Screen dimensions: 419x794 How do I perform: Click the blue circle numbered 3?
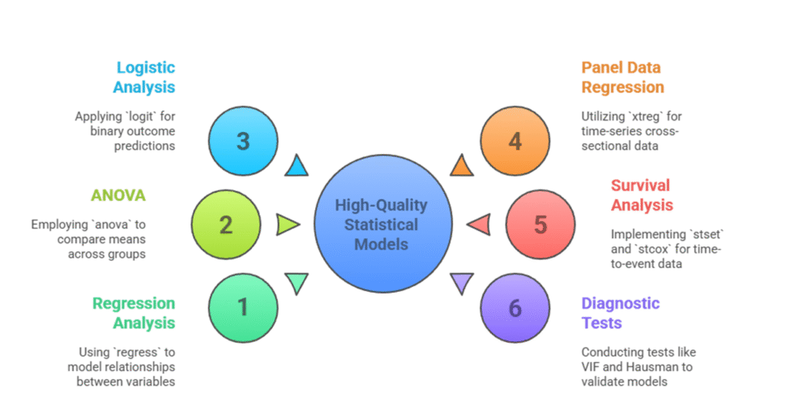coord(243,142)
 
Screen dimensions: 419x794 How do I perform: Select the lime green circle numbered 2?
coord(226,224)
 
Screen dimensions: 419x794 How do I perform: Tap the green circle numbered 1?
coord(243,307)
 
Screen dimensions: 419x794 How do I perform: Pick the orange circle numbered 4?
coord(514,142)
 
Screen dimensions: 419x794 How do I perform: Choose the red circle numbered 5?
coord(540,224)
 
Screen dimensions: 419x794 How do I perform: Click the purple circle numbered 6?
coord(514,307)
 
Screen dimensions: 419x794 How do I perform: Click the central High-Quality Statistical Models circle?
coord(381,224)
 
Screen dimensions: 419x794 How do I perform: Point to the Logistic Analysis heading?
coord(145,77)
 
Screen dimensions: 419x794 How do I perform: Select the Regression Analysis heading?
coord(134,313)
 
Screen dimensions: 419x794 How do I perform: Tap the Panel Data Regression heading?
coord(622,77)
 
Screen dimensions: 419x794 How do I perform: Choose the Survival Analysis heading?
coord(641,195)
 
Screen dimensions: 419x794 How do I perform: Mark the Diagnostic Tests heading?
coord(621,313)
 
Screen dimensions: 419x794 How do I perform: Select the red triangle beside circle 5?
coord(478,224)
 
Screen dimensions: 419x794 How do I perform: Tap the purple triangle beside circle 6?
coord(461,282)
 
